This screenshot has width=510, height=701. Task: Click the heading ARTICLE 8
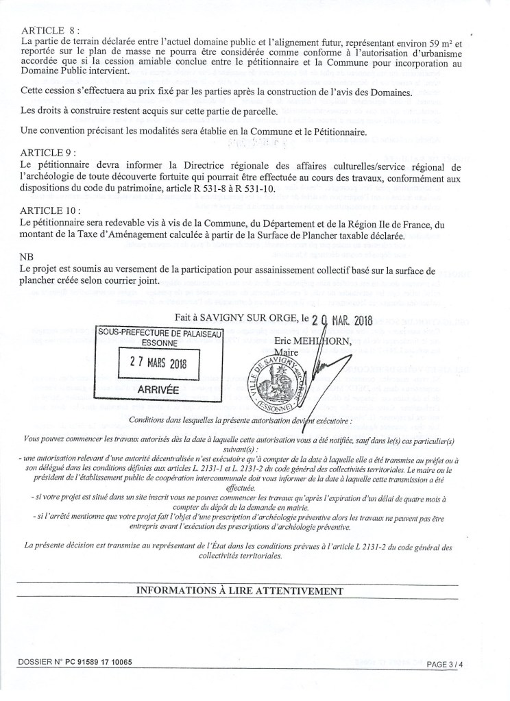[x=51, y=32]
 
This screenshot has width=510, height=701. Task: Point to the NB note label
[x=29, y=254]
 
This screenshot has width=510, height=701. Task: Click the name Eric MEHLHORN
[x=311, y=341]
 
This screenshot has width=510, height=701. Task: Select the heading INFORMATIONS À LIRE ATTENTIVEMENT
[x=239, y=590]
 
